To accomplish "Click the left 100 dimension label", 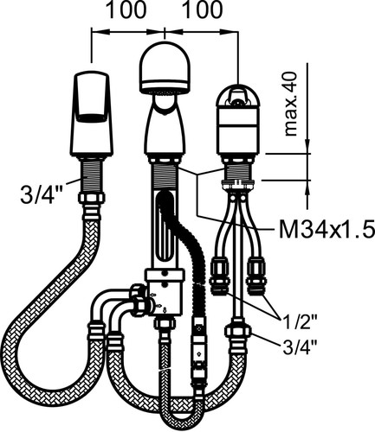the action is click(x=126, y=10).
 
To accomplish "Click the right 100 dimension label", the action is click(x=203, y=10).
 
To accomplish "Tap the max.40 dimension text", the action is click(x=291, y=104).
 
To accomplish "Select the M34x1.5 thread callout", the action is click(x=327, y=229).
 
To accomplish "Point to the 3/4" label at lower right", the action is click(x=299, y=346).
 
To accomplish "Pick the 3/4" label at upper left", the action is click(x=37, y=194).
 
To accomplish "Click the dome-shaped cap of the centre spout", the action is click(x=165, y=68).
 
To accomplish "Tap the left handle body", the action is click(x=92, y=114).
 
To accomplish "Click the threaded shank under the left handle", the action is click(x=92, y=176).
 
